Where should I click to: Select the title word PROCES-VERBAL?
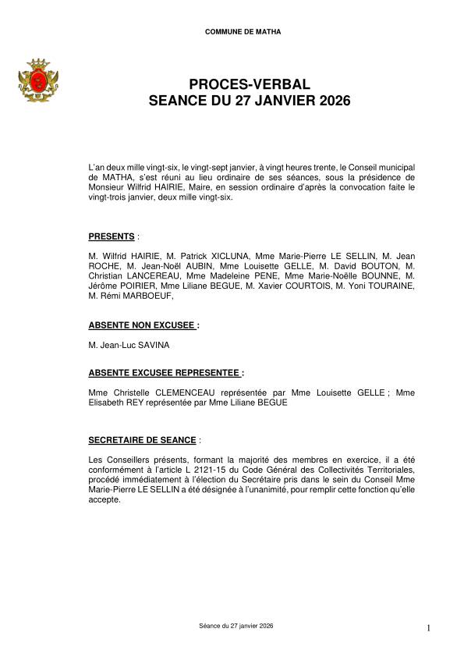tap(232, 84)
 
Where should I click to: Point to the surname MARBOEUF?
tap(149, 296)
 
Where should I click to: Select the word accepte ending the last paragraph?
tap(105, 499)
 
